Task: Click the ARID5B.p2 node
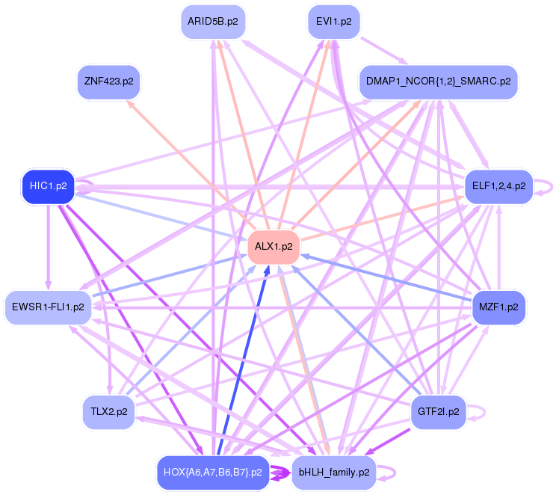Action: (213, 22)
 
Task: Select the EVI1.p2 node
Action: (333, 22)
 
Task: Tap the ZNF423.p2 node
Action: (109, 81)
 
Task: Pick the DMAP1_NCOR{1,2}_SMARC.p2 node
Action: (438, 81)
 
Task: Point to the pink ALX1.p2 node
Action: (274, 246)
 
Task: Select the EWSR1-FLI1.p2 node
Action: (49, 307)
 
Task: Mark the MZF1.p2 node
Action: (498, 307)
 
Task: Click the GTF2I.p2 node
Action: (438, 412)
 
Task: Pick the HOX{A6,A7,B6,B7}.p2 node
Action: (212, 473)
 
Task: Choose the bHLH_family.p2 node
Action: (333, 473)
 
